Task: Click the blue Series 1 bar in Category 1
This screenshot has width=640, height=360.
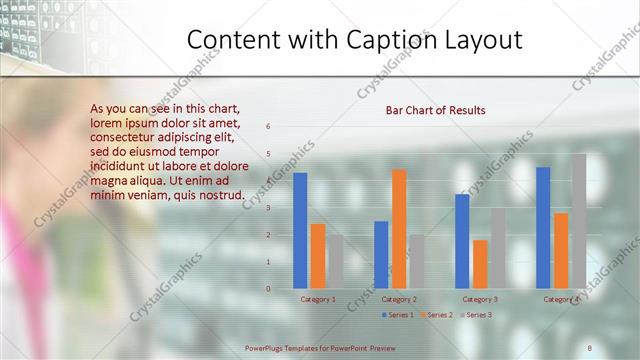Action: pyautogui.click(x=300, y=231)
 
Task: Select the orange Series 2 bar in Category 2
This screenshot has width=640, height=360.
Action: pyautogui.click(x=399, y=229)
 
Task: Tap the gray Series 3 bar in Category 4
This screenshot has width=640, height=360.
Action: pyautogui.click(x=579, y=221)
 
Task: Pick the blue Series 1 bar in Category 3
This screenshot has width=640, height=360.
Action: pyautogui.click(x=462, y=241)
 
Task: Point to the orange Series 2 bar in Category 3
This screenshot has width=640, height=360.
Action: pyautogui.click(x=480, y=264)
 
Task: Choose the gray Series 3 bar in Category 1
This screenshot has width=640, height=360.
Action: pyautogui.click(x=335, y=262)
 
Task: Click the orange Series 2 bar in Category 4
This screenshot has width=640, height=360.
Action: pyautogui.click(x=561, y=251)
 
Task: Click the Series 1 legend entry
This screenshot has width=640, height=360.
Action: pyautogui.click(x=400, y=315)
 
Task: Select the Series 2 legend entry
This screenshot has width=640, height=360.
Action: pyautogui.click(x=439, y=315)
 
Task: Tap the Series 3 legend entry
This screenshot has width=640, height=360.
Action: pyautogui.click(x=478, y=315)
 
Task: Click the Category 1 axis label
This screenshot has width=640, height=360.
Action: pyautogui.click(x=318, y=299)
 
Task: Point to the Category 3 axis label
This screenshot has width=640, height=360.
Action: pyautogui.click(x=480, y=299)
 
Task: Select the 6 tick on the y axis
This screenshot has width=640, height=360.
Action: pyautogui.click(x=268, y=126)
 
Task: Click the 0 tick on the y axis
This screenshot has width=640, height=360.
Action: pyautogui.click(x=268, y=289)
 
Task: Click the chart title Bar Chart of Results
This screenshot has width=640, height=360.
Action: pyautogui.click(x=436, y=110)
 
